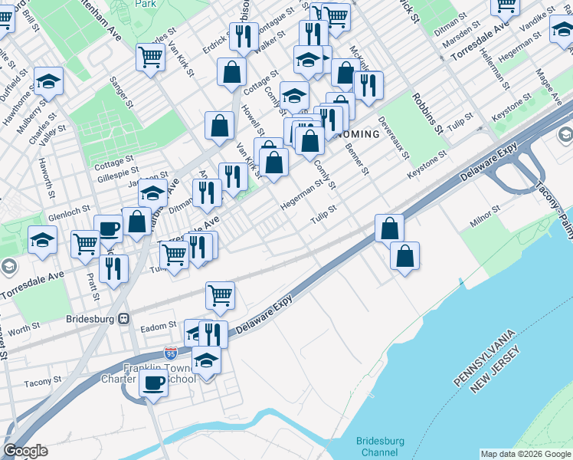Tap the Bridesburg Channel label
point(387,447)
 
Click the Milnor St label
point(485,208)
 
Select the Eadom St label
point(159,327)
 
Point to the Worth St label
point(25,328)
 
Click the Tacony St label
point(42,382)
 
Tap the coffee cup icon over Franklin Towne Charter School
point(153,383)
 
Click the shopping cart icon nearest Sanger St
point(150,55)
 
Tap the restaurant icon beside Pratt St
point(113,268)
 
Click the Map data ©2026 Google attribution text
point(526,454)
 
